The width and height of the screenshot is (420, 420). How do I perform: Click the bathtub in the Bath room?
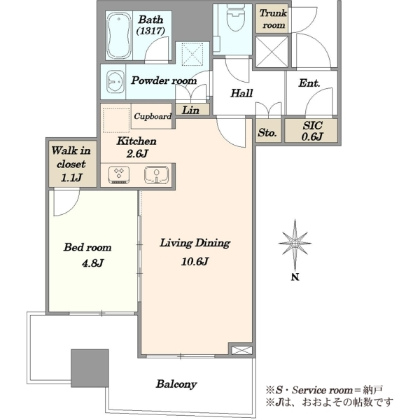coord(119,35)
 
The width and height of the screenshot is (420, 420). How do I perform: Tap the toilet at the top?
coord(235,19)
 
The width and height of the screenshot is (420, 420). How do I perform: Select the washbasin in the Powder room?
coord(115,81)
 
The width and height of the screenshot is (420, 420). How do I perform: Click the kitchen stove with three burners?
coord(119,174)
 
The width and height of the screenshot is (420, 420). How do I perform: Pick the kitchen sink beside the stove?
coord(156,175)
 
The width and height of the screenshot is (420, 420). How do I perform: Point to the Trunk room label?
coord(273,19)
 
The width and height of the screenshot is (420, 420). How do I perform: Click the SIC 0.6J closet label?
coord(312,131)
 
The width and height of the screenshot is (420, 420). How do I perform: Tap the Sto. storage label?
coord(267,132)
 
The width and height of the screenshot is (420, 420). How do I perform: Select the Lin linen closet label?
coord(190,110)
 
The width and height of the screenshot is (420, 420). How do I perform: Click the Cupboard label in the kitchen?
coord(153,116)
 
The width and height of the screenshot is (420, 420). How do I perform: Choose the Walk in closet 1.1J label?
coord(71,164)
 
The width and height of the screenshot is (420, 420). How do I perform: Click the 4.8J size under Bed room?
coord(92,263)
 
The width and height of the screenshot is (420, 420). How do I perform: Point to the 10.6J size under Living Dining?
coord(195,261)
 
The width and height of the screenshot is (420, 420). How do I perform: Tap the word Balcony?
coord(176,384)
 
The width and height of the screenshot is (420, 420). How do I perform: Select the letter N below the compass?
coord(295,277)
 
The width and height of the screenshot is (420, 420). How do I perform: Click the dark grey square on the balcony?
coord(90,368)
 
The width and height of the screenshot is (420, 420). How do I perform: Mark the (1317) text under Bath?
coord(150,31)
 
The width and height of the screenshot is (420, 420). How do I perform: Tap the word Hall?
coord(241,93)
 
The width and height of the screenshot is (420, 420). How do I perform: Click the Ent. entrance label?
coord(309,83)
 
